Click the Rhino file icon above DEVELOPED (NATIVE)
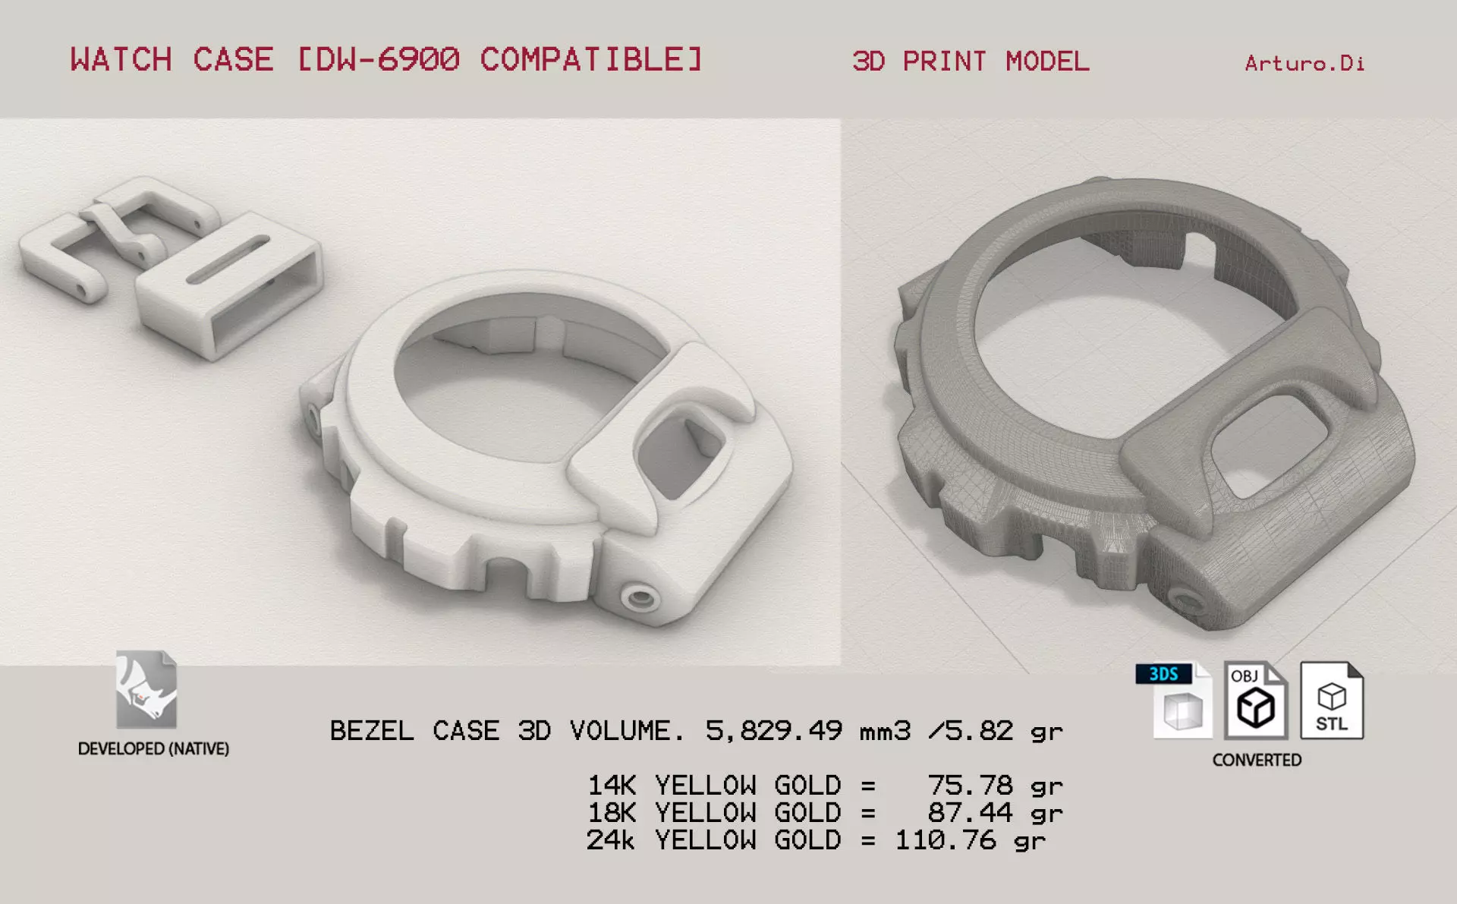146,690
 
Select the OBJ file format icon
1255,701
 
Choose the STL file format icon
1332,701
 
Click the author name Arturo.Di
1304,63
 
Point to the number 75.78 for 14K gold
970,785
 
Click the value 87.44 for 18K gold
970,813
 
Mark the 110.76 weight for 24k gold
946,840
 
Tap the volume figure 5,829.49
773,730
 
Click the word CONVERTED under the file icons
1257,760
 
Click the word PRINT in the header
944,61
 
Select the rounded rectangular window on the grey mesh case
1267,446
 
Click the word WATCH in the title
121,59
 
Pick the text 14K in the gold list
612,785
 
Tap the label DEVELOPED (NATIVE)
153,748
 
